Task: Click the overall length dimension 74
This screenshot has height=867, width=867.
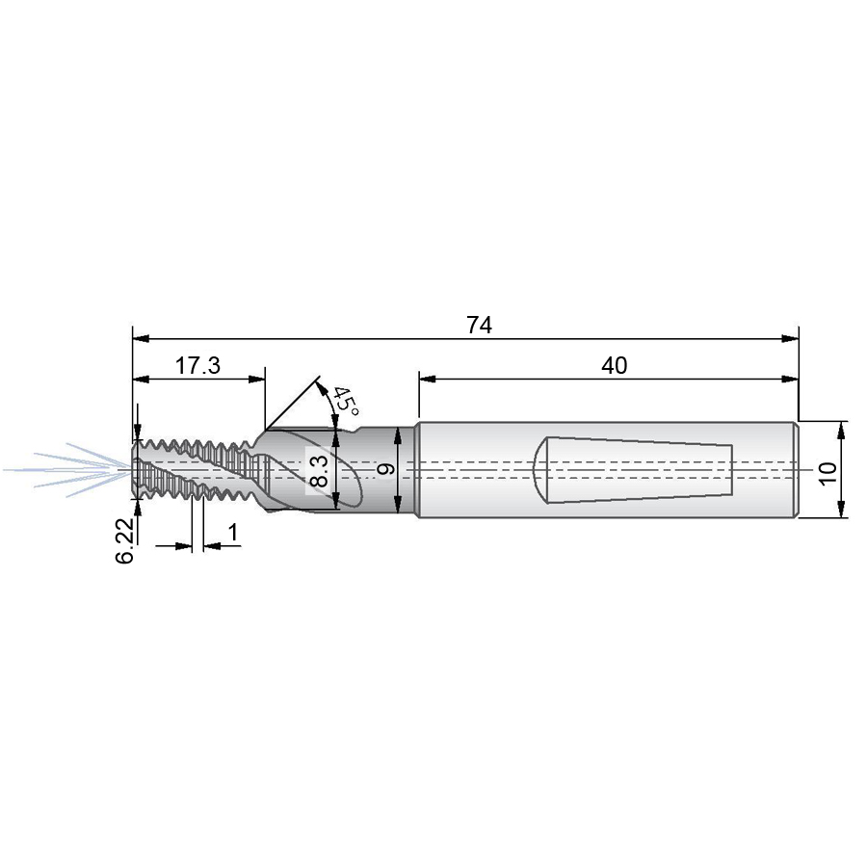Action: [x=479, y=326]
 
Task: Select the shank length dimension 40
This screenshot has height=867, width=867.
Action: [x=614, y=365]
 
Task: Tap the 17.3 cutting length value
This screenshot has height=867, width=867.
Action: [x=197, y=365]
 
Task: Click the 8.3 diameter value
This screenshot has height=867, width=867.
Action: [x=320, y=470]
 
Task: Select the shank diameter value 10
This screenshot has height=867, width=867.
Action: [x=828, y=474]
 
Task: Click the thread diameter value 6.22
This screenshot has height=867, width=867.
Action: [x=125, y=540]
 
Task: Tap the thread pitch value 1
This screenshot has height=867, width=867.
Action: [x=233, y=532]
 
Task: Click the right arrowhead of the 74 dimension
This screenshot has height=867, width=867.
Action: [x=790, y=338]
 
